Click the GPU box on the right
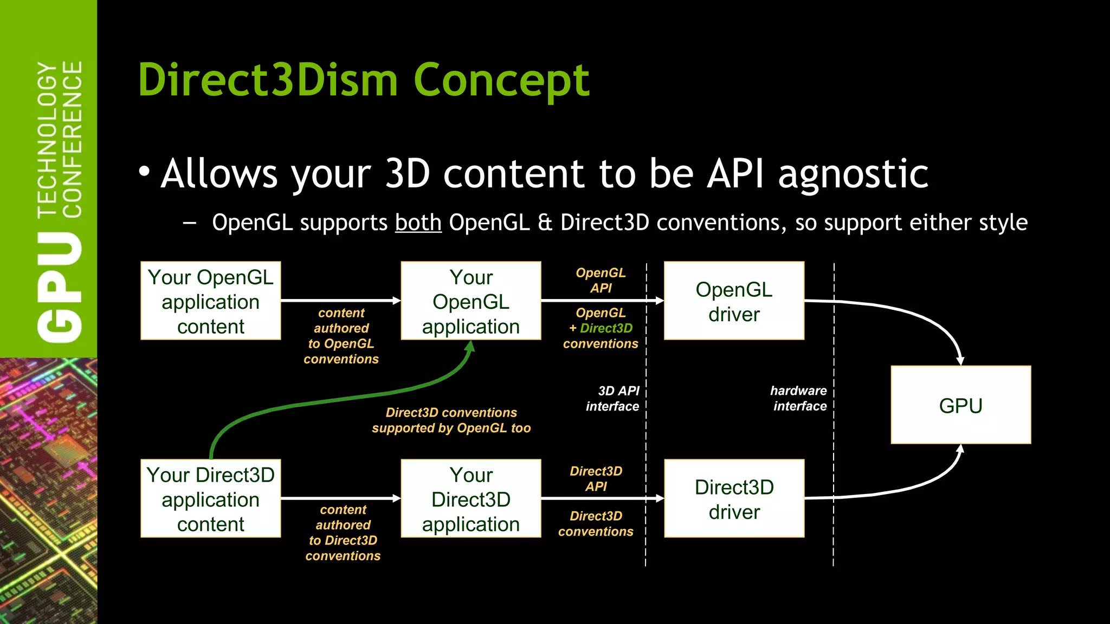click(x=960, y=405)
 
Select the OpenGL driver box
click(x=734, y=301)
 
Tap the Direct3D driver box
click(x=734, y=499)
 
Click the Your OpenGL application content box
click(x=210, y=301)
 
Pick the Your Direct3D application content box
click(x=210, y=499)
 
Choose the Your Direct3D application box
click(x=470, y=499)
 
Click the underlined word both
click(x=418, y=223)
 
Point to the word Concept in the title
click(x=501, y=80)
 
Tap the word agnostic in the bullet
click(x=853, y=174)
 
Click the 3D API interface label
click(x=614, y=399)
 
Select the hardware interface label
click(x=799, y=399)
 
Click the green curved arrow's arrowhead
click(x=470, y=347)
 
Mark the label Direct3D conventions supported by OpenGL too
click(x=451, y=420)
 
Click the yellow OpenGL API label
click(x=601, y=280)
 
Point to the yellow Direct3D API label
click(x=596, y=479)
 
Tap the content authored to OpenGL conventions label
click(x=341, y=336)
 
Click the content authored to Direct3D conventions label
click(x=343, y=532)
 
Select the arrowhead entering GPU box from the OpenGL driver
click(x=960, y=361)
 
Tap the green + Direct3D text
click(x=601, y=328)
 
